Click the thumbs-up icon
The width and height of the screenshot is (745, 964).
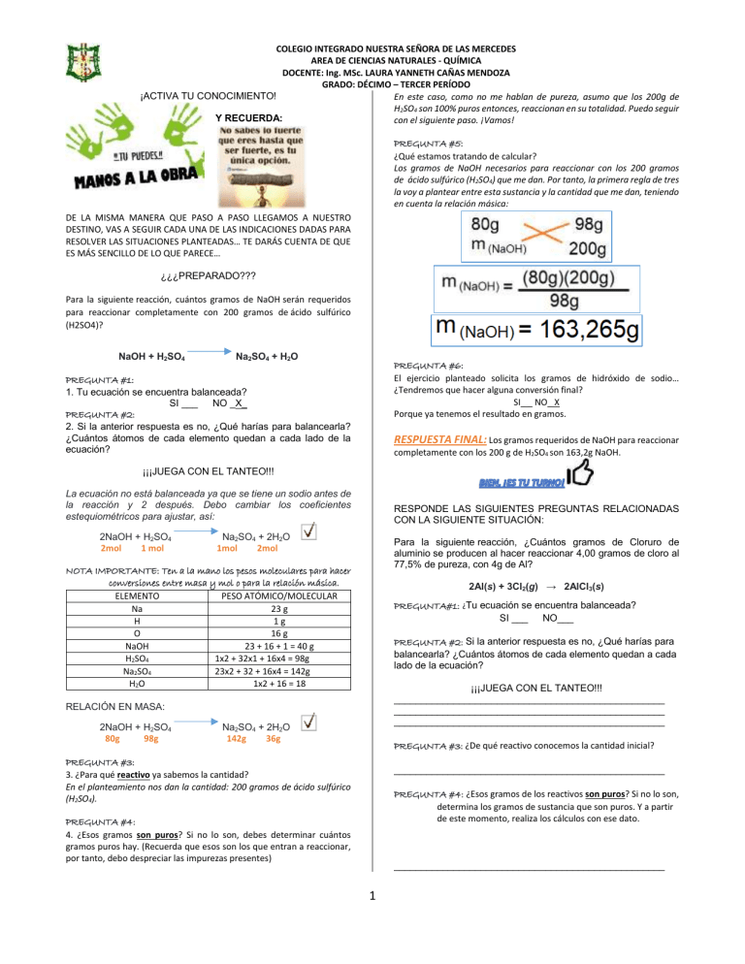coord(580,477)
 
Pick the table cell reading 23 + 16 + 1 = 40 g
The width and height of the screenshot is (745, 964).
coord(277,644)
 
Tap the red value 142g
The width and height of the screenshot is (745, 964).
coord(235,738)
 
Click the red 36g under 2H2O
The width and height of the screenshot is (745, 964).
coord(273,738)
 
